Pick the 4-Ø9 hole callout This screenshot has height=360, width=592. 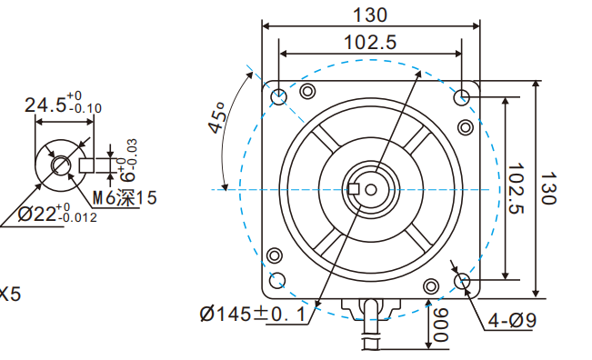512,321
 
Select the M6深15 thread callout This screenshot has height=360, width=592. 125,197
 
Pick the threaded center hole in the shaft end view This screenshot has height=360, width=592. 60,165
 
